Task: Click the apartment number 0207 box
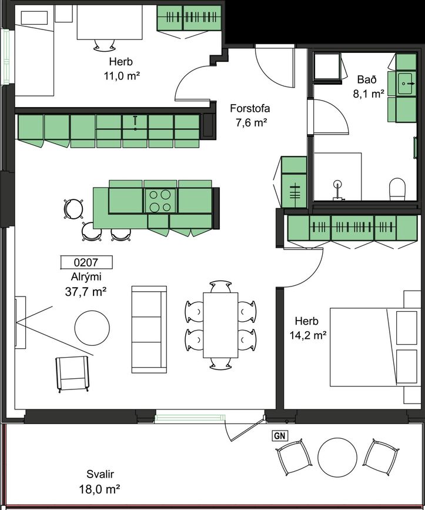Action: (x=86, y=262)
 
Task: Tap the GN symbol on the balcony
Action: (x=279, y=435)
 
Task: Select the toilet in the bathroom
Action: (x=398, y=189)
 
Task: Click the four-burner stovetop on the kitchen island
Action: (x=160, y=201)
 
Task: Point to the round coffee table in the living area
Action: (x=92, y=328)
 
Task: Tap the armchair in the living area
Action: (x=72, y=374)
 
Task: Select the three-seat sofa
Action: (x=149, y=329)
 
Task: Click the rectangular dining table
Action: (x=220, y=325)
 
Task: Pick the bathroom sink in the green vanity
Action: (x=404, y=84)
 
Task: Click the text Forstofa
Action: (x=250, y=108)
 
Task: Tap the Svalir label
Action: (x=100, y=474)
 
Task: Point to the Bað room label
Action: (x=367, y=79)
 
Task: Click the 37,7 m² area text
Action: (x=86, y=292)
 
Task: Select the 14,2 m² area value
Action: (x=308, y=335)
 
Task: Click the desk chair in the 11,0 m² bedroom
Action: (x=104, y=45)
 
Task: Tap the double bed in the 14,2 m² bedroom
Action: (x=375, y=348)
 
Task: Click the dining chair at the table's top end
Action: (x=220, y=286)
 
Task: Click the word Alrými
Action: (x=86, y=277)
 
